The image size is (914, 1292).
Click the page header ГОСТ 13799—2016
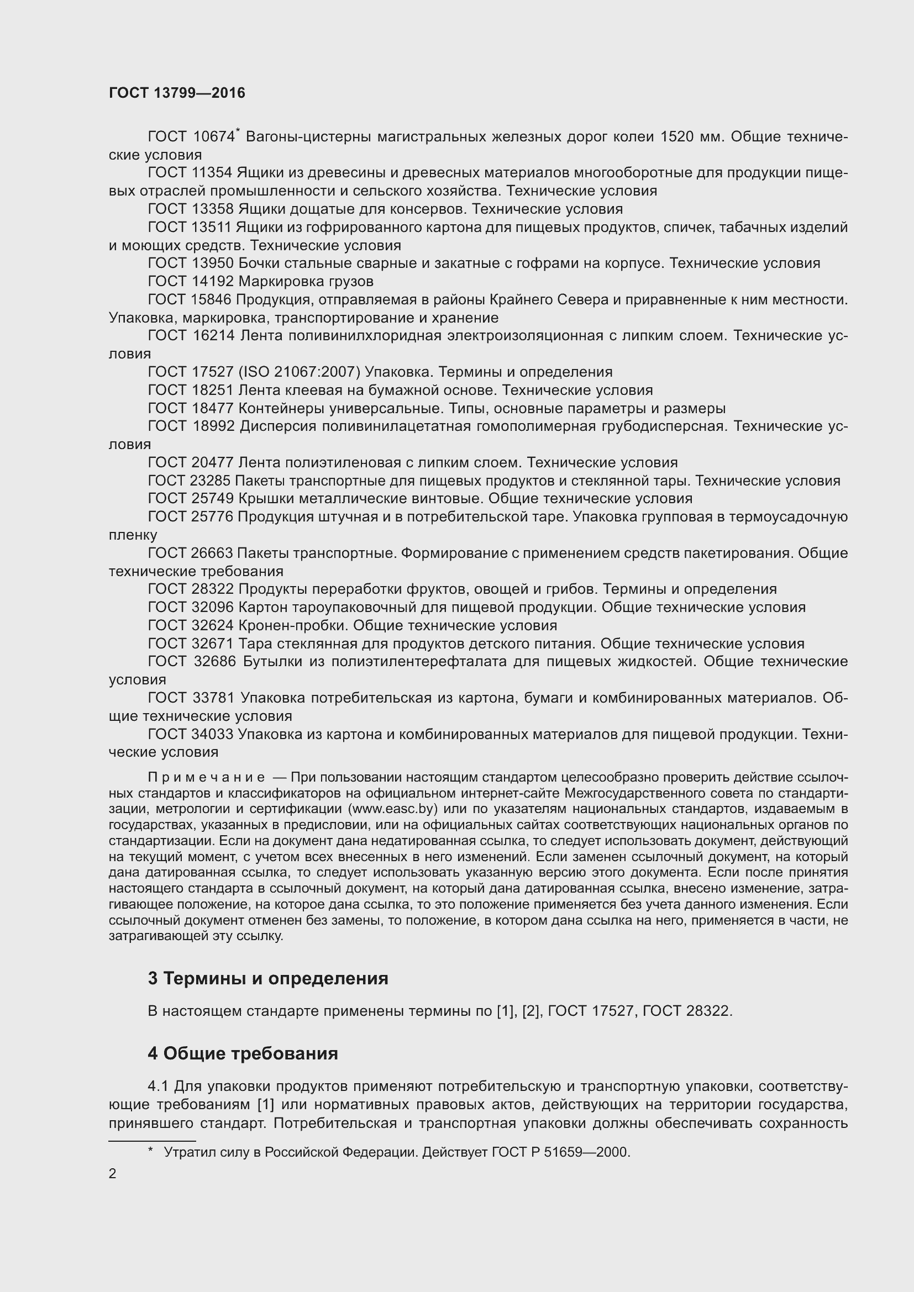177,93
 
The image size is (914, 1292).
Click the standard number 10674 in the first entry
213,137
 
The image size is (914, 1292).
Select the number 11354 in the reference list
212,173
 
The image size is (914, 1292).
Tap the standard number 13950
213,263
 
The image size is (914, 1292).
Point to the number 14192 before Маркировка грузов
213,281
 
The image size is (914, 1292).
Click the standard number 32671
213,644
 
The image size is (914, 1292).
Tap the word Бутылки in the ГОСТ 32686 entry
272,662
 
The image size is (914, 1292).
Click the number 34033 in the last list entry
213,734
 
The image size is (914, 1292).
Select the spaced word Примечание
206,778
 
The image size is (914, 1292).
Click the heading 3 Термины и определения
268,979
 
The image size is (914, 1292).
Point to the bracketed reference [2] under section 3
530,1011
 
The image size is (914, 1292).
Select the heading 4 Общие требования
243,1053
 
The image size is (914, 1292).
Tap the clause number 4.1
158,1086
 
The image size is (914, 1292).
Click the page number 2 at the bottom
113,1174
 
